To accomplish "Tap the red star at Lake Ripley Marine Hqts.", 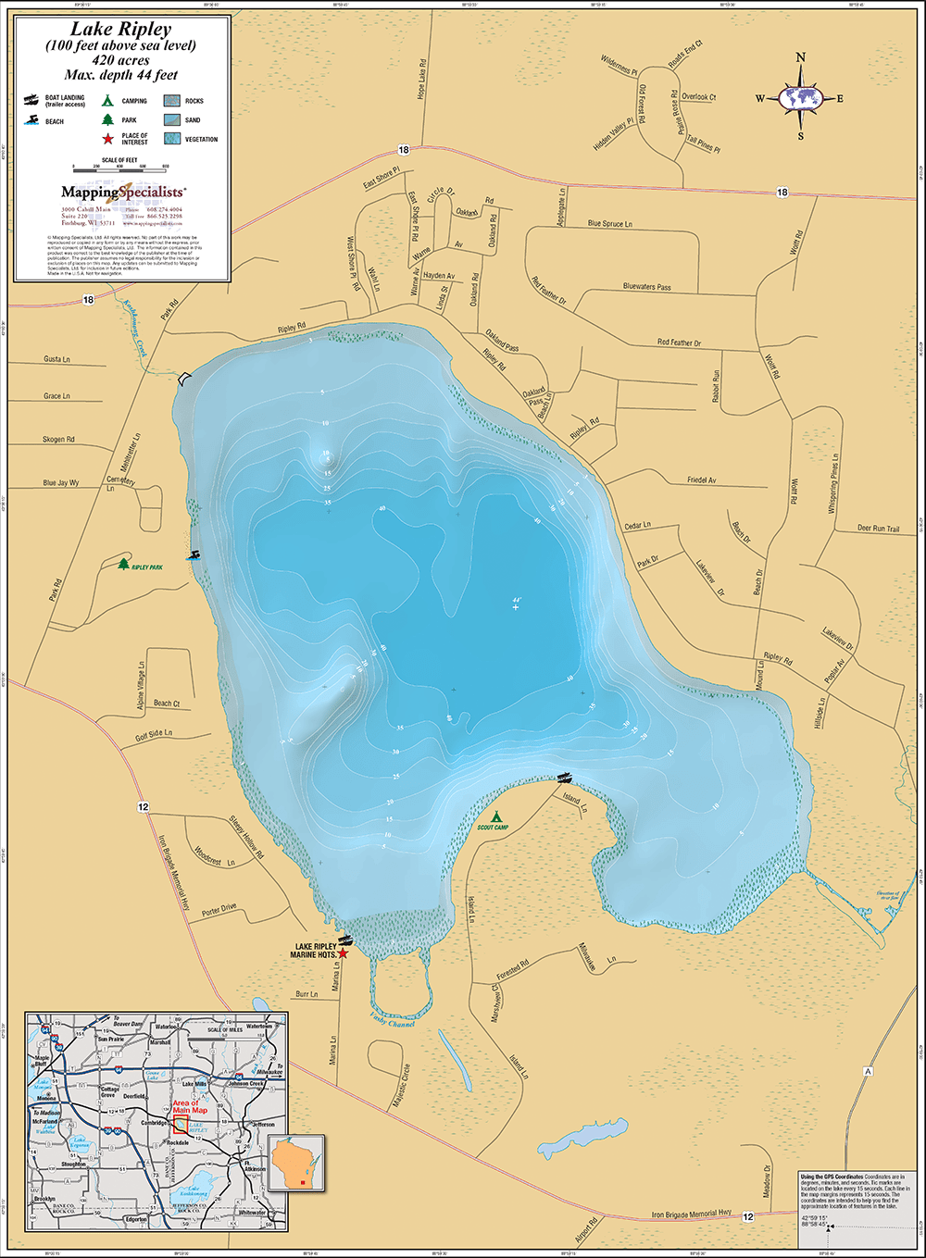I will click(344, 953).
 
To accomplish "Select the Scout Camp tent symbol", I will click(496, 816).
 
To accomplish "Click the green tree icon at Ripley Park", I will click(124, 563).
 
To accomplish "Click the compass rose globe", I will click(801, 97).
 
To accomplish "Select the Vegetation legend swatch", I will click(171, 139).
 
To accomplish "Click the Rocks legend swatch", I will click(171, 101).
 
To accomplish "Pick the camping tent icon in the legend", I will click(107, 100).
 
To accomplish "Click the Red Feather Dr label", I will click(679, 343).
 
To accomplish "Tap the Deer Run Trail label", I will click(878, 529).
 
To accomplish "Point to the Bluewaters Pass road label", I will click(646, 287).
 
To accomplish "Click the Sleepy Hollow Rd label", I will click(247, 837).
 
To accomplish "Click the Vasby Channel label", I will click(392, 1021).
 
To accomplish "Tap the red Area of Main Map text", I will click(185, 1107).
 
